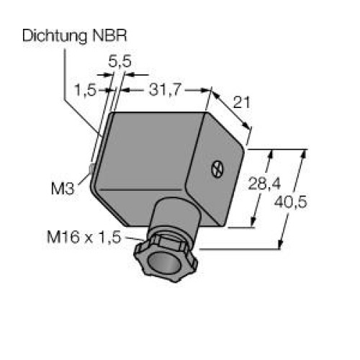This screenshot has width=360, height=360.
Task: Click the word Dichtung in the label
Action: pos(55,37)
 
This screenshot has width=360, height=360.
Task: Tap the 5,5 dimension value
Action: pos(120,61)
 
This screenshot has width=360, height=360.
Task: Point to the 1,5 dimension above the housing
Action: pos(86,90)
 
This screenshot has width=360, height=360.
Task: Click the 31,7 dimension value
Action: pos(164,90)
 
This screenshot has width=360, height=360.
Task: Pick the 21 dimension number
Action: pos(241,102)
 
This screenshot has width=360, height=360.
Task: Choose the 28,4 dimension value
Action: pos(264,184)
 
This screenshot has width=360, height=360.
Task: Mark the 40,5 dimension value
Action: pos(290,202)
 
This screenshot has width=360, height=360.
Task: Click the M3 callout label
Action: pos(63,189)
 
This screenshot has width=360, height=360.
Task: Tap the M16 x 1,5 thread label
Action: pos(84,237)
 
